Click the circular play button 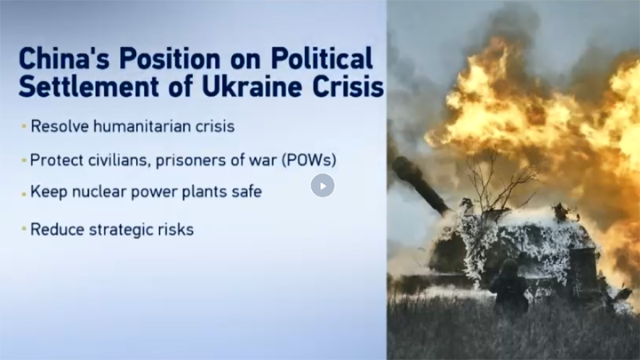(x=323, y=186)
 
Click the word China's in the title (x=64, y=59)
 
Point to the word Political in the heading (x=322, y=59)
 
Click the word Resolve (x=60, y=126)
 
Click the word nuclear (x=99, y=191)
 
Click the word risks (x=170, y=229)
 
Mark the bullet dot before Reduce (x=24, y=229)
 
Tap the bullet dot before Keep (x=24, y=194)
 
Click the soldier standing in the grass (x=509, y=285)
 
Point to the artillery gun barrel (x=421, y=185)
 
